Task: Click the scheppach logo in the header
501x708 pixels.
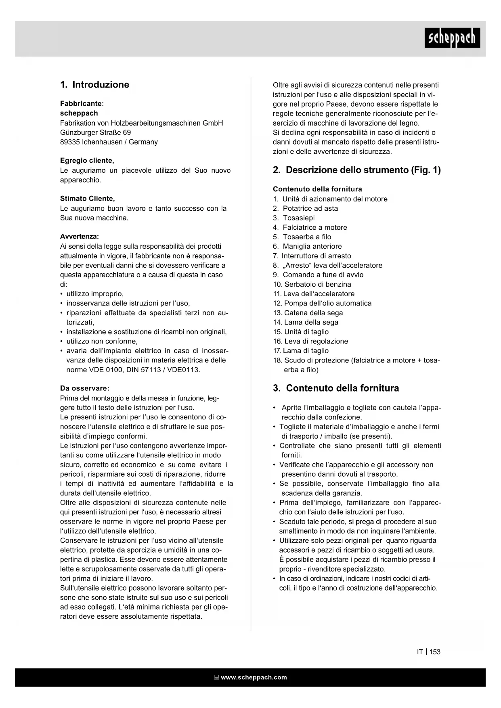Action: pyautogui.click(x=452, y=38)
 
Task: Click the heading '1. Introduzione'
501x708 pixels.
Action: pyautogui.click(x=95, y=85)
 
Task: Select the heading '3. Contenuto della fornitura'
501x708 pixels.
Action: pyautogui.click(x=336, y=388)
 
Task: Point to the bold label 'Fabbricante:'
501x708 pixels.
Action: pyautogui.click(x=82, y=104)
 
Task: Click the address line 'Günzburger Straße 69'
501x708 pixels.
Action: pyautogui.click(x=96, y=132)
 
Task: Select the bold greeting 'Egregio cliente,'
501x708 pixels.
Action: pyautogui.click(x=87, y=161)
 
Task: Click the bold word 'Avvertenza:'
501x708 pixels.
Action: pyautogui.click(x=80, y=237)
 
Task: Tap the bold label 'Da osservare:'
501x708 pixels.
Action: pyautogui.click(x=85, y=388)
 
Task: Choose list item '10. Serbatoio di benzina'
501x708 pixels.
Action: pyautogui.click(x=312, y=284)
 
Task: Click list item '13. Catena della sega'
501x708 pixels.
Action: pyautogui.click(x=308, y=313)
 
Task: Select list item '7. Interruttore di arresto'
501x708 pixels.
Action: pyautogui.click(x=312, y=256)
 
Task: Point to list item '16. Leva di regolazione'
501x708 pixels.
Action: pyautogui.click(x=310, y=341)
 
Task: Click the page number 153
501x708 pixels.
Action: pyautogui.click(x=435, y=652)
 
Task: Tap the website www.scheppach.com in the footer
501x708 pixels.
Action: pyautogui.click(x=254, y=677)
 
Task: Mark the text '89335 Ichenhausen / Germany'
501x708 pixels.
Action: pyautogui.click(x=109, y=142)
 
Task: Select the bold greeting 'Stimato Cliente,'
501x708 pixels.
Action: pyautogui.click(x=88, y=199)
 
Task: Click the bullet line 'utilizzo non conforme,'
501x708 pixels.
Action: pyautogui.click(x=102, y=341)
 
